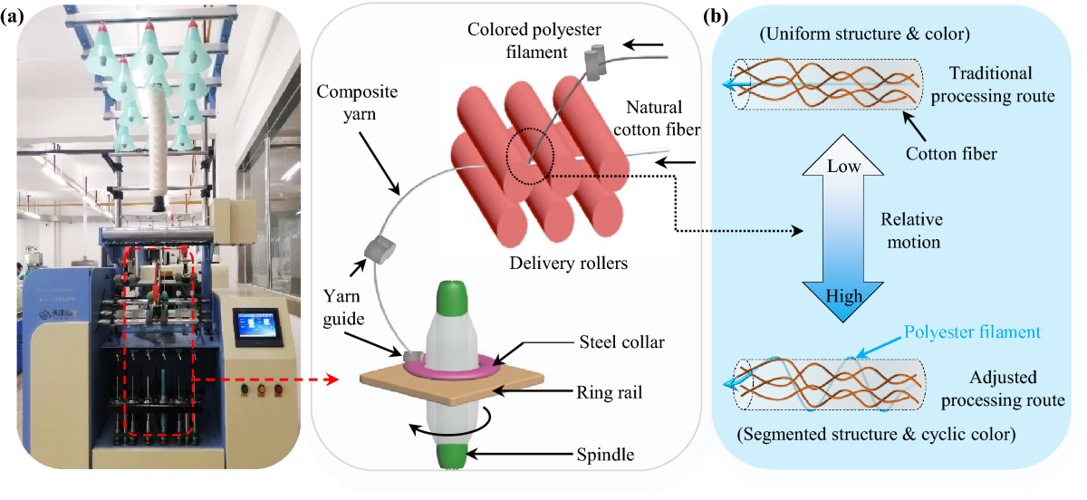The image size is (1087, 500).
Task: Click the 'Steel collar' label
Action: point(621,342)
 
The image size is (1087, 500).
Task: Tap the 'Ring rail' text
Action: point(609,392)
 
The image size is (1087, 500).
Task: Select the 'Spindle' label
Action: point(605,455)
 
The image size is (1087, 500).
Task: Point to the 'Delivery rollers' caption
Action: point(568,263)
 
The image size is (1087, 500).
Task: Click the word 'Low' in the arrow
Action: point(843,167)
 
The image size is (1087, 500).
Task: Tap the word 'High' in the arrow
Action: point(844,296)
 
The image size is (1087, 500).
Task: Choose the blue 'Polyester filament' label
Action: point(972,332)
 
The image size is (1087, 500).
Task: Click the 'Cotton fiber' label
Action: point(951,154)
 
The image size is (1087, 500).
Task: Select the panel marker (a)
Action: point(13,17)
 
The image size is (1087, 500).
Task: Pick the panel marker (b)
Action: point(716,16)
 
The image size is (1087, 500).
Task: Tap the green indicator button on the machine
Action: point(245,389)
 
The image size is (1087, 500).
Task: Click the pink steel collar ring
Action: point(451,367)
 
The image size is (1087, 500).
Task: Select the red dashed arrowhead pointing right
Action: point(332,380)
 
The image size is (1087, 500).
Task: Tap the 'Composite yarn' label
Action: point(357,103)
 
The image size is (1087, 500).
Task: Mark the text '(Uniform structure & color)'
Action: point(865,34)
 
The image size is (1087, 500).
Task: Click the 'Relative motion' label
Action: point(912,231)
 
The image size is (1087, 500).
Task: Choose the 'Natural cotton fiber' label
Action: point(657,119)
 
